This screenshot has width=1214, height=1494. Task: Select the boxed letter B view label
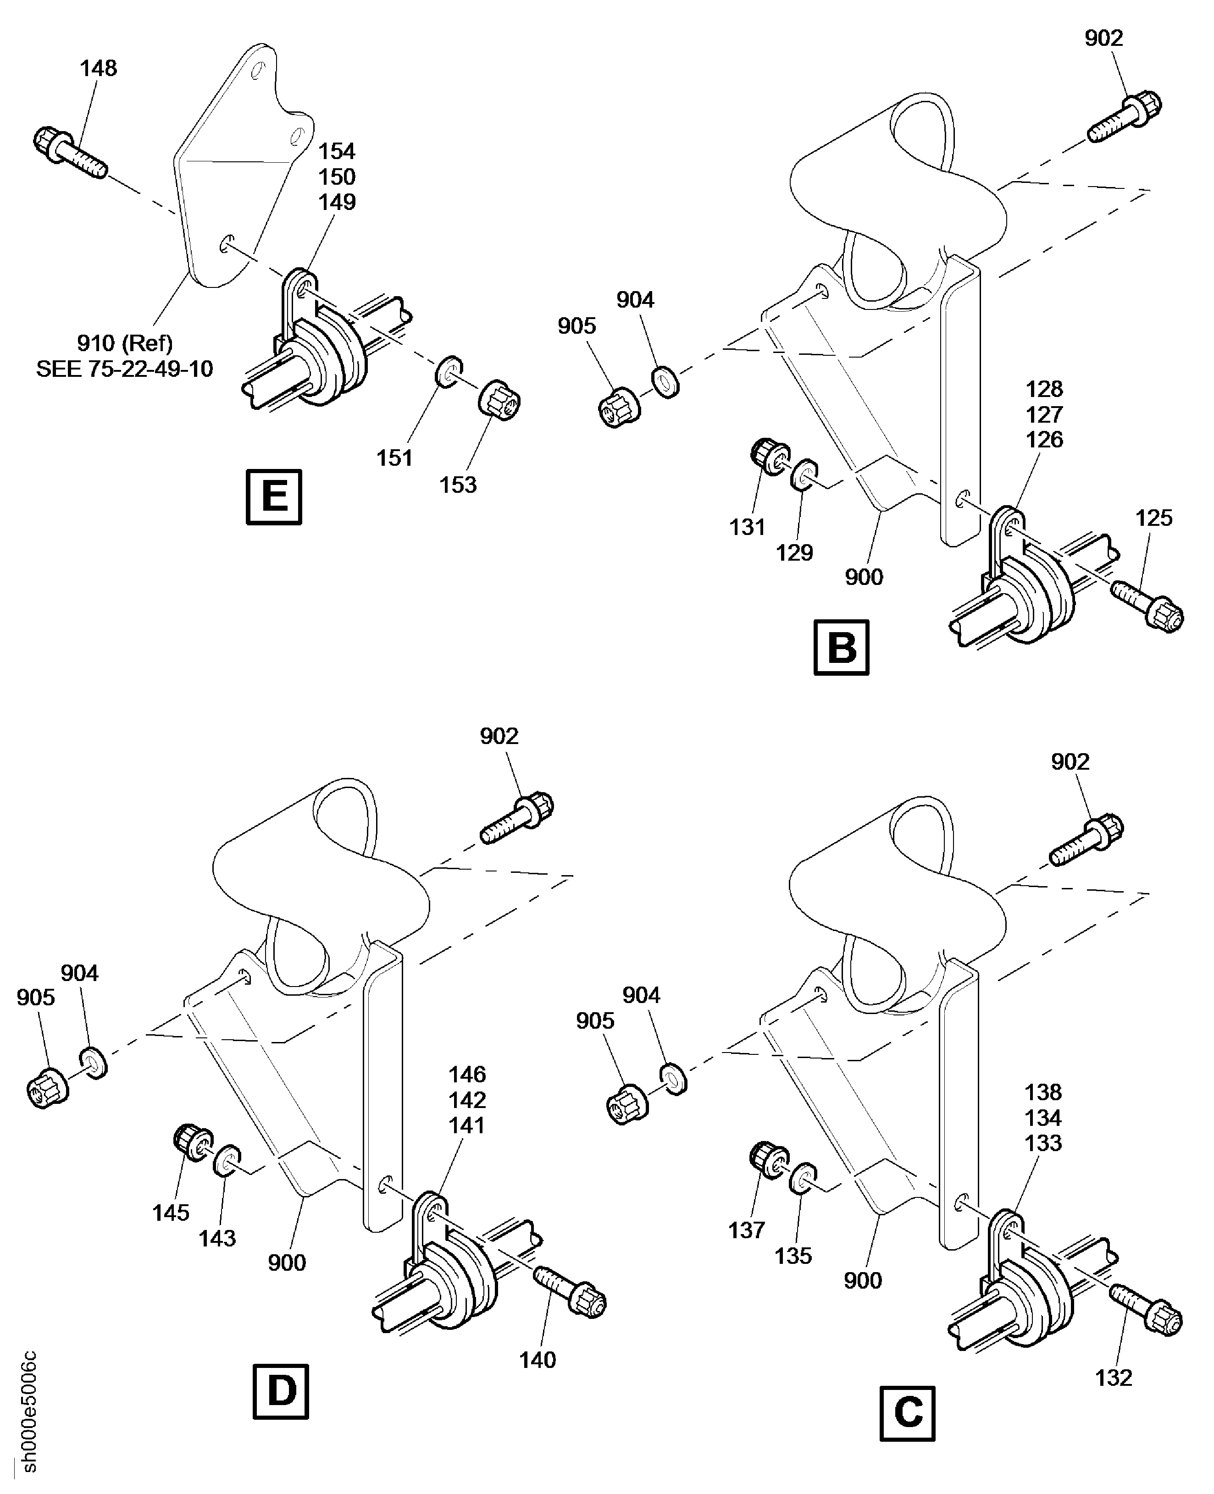pos(841,647)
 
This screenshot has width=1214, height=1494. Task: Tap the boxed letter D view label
pos(280,1391)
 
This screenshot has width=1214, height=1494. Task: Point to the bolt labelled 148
pos(70,151)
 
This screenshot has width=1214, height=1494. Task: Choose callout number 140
pos(537,1360)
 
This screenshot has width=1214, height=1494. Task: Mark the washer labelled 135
pos(804,1179)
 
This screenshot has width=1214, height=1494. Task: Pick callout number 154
pos(337,151)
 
